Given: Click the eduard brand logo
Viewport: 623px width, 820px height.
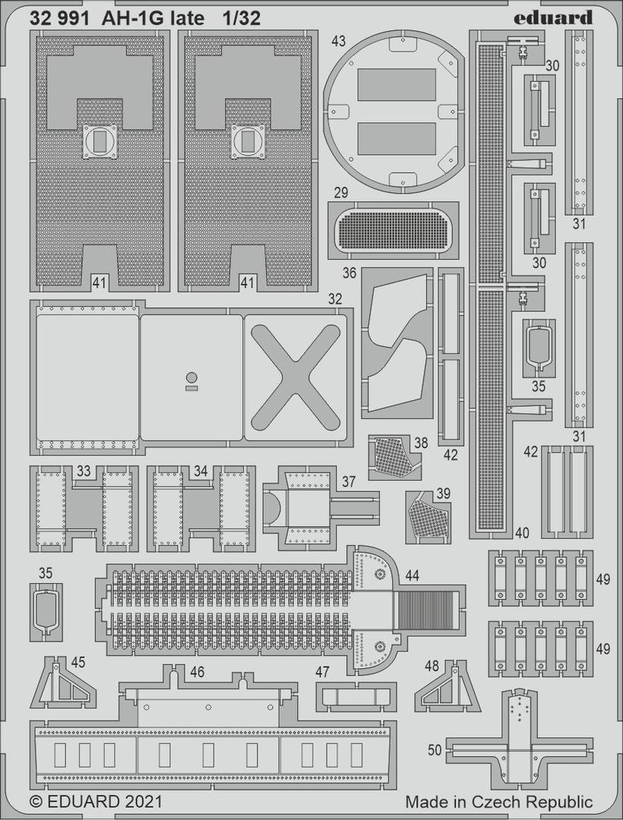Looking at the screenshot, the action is tap(552, 17).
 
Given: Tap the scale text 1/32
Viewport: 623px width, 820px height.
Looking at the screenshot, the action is tap(241, 19).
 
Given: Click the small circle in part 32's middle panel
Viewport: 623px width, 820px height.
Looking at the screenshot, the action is tap(192, 377).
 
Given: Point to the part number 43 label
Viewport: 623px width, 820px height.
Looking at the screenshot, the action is tap(338, 41).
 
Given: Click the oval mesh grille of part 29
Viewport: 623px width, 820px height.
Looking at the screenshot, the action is tap(394, 229).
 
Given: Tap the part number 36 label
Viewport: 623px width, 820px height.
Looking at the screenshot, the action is tap(349, 273).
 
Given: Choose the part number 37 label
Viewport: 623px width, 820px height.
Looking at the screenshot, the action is tap(349, 481).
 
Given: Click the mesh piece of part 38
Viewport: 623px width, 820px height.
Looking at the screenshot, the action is tap(391, 456).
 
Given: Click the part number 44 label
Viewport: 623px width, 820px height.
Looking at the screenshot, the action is tap(413, 576).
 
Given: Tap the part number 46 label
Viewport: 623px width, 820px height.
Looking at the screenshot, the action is tap(198, 672).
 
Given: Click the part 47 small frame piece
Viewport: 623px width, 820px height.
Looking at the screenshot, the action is tap(353, 696).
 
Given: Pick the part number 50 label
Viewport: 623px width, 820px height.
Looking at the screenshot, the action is tap(435, 750).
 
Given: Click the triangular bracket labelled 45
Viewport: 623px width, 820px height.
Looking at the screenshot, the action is tap(63, 683).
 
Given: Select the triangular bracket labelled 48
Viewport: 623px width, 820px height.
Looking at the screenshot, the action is tap(447, 686).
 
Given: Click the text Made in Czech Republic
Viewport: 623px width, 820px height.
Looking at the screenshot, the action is tap(499, 803).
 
